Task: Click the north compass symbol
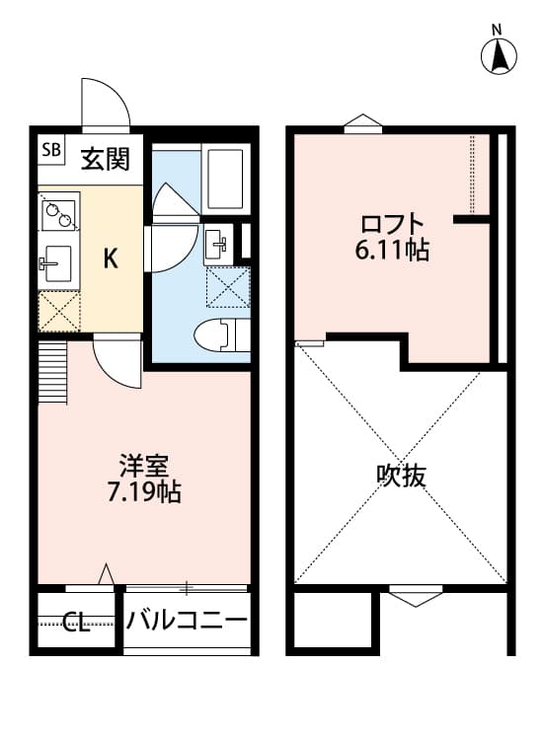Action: coord(501,56)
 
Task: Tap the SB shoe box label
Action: coord(51,151)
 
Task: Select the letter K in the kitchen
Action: coord(112,259)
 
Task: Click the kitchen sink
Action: coord(57,262)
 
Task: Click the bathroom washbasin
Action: coord(218,245)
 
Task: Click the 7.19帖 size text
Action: coord(144,491)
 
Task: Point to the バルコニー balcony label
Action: coord(187,622)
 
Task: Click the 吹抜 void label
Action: coord(402,476)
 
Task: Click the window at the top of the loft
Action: coord(362,124)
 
